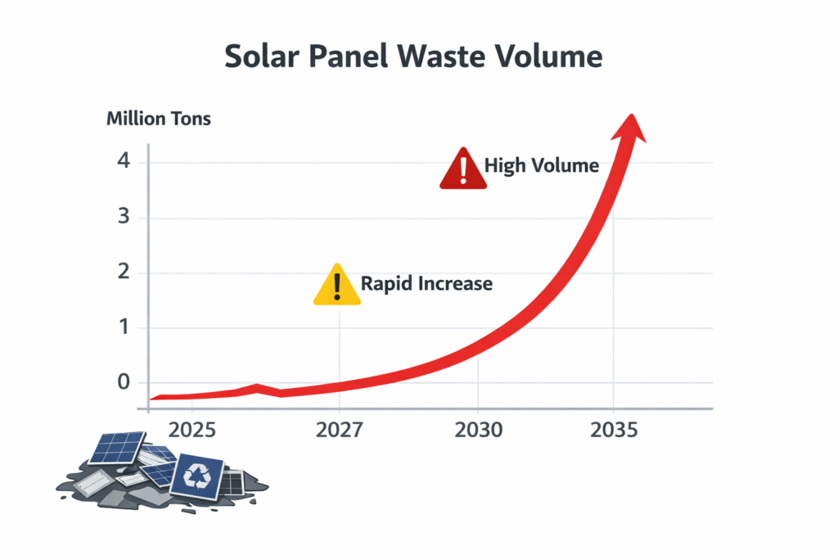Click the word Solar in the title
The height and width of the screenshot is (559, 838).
(261, 56)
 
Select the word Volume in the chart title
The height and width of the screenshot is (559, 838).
(549, 56)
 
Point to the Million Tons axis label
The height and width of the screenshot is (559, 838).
(159, 119)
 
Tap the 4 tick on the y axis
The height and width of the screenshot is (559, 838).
(124, 160)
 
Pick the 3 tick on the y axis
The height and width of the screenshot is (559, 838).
(124, 216)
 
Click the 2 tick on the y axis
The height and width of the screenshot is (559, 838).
(124, 272)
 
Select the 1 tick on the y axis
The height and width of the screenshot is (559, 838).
(124, 327)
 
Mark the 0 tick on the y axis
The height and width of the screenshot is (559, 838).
(124, 381)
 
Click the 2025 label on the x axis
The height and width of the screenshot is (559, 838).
(191, 430)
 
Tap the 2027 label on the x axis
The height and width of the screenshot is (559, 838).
(340, 430)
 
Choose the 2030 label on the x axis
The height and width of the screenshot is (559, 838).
(478, 430)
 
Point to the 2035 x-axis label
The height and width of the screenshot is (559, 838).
(614, 430)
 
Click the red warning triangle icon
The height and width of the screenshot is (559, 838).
(463, 170)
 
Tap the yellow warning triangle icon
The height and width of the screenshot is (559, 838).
(336, 286)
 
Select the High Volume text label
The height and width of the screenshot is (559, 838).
(542, 165)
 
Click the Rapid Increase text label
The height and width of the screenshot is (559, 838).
(426, 283)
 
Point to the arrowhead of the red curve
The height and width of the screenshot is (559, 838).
(630, 128)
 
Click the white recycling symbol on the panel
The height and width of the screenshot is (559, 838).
(197, 476)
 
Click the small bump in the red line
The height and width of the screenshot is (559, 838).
(258, 388)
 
